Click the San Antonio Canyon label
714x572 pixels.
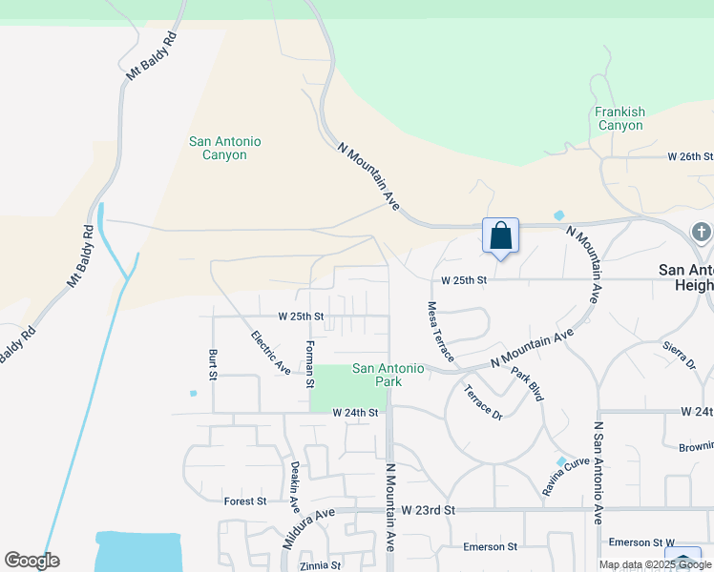pos(224,148)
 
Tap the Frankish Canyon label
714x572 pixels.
pos(619,118)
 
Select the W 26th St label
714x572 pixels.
pos(689,155)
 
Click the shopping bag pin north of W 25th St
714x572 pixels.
pos(501,235)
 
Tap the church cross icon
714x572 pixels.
pos(702,232)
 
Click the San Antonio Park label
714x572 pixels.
pos(389,375)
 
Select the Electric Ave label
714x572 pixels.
pos(270,353)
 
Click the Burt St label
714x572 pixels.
pos(213,366)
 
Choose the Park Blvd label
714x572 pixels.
pos(526,384)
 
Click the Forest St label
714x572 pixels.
pos(245,500)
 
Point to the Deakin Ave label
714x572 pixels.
pos(295,486)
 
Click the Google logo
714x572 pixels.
pos(31,561)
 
